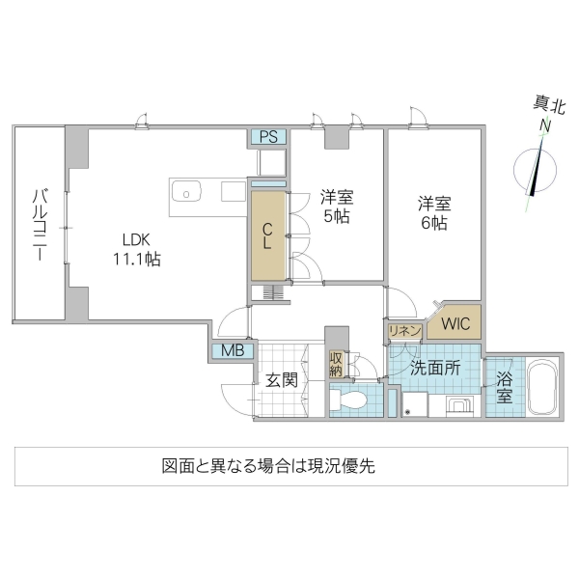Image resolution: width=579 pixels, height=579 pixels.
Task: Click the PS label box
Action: pyautogui.click(x=268, y=136)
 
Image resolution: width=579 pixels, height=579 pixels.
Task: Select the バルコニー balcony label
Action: pyautogui.click(x=39, y=226)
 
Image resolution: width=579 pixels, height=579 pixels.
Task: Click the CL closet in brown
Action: pyautogui.click(x=268, y=235)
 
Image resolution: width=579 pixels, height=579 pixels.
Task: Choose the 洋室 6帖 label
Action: pyautogui.click(x=433, y=213)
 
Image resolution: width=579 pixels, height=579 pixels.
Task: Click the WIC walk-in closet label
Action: pyautogui.click(x=455, y=323)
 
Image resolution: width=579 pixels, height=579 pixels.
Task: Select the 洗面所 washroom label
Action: pyautogui.click(x=434, y=368)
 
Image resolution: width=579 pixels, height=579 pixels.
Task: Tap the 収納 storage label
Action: pyautogui.click(x=336, y=364)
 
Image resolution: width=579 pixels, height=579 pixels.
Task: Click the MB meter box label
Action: pyautogui.click(x=233, y=351)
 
